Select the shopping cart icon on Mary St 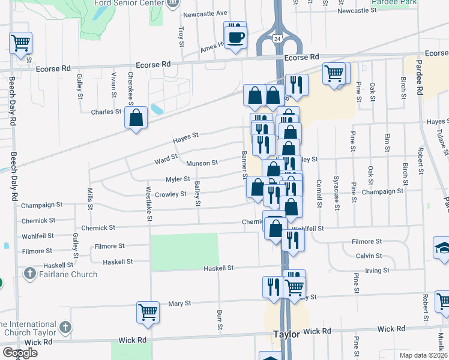tap(148, 311)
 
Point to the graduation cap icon tap(442, 248)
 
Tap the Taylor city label tap(286, 334)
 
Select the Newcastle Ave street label tap(206, 13)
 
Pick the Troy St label tap(181, 36)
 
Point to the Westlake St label tap(148, 202)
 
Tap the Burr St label tap(219, 320)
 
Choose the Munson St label tap(202, 163)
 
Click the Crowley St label tap(170, 194)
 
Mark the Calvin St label tap(369, 256)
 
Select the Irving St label tap(377, 271)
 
